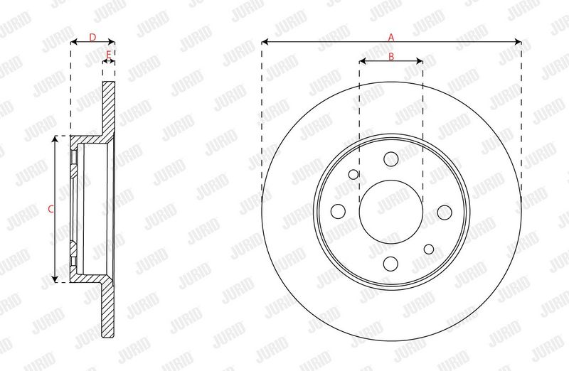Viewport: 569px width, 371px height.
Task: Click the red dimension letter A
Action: click(x=390, y=37)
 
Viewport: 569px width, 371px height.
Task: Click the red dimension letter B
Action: click(x=391, y=56)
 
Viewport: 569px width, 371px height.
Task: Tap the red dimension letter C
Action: click(x=51, y=209)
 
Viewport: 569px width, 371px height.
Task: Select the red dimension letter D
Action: click(x=92, y=37)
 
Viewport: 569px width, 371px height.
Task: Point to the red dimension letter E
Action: click(x=109, y=55)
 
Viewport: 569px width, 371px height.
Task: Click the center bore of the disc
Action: click(x=391, y=213)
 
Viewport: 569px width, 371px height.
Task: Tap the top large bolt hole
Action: click(x=390, y=158)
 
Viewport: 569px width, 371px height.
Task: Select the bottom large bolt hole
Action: click(x=390, y=264)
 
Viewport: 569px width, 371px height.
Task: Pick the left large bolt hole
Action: click(x=339, y=211)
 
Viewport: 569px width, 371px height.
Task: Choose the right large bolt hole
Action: click(x=445, y=213)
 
